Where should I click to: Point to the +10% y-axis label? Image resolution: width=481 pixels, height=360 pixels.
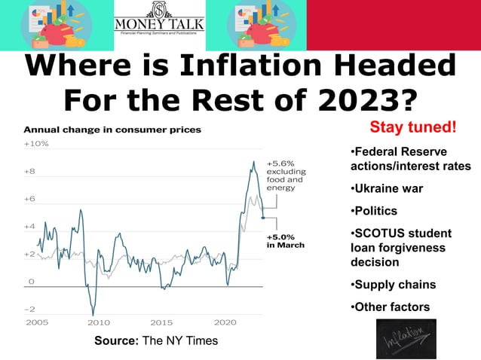[36, 143]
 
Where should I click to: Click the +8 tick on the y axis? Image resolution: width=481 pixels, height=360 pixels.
[29, 171]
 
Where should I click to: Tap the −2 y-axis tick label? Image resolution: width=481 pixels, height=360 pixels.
[29, 309]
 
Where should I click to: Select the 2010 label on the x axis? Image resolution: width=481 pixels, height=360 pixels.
[100, 322]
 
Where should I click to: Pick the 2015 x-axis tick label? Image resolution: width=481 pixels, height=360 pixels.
[162, 322]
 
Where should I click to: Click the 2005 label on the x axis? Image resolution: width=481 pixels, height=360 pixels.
[37, 322]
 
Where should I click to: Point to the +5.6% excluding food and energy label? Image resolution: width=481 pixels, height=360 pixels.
[285, 175]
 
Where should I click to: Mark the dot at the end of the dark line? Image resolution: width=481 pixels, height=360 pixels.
[262, 218]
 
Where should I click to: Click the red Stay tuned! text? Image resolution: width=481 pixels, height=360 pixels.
[413, 125]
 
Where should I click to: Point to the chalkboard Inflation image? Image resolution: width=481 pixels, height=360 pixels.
[406, 339]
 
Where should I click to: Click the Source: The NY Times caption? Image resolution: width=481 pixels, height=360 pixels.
[155, 341]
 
